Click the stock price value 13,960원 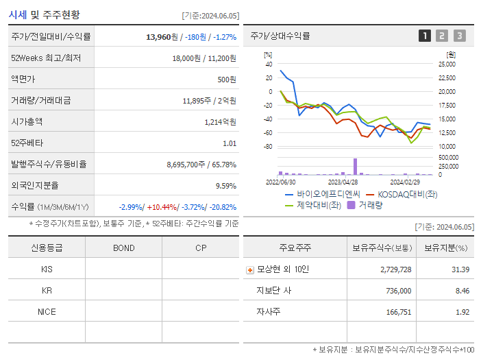click(162, 37)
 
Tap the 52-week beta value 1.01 click(230, 143)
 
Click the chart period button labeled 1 click(425, 36)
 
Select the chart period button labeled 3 click(459, 36)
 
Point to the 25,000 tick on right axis click(446, 64)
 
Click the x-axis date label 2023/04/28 click(343, 182)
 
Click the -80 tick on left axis click(268, 147)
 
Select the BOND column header click(123, 248)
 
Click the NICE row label click(47, 311)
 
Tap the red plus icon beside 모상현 click(250, 269)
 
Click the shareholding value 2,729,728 click(395, 269)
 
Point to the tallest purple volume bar click(355, 167)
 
